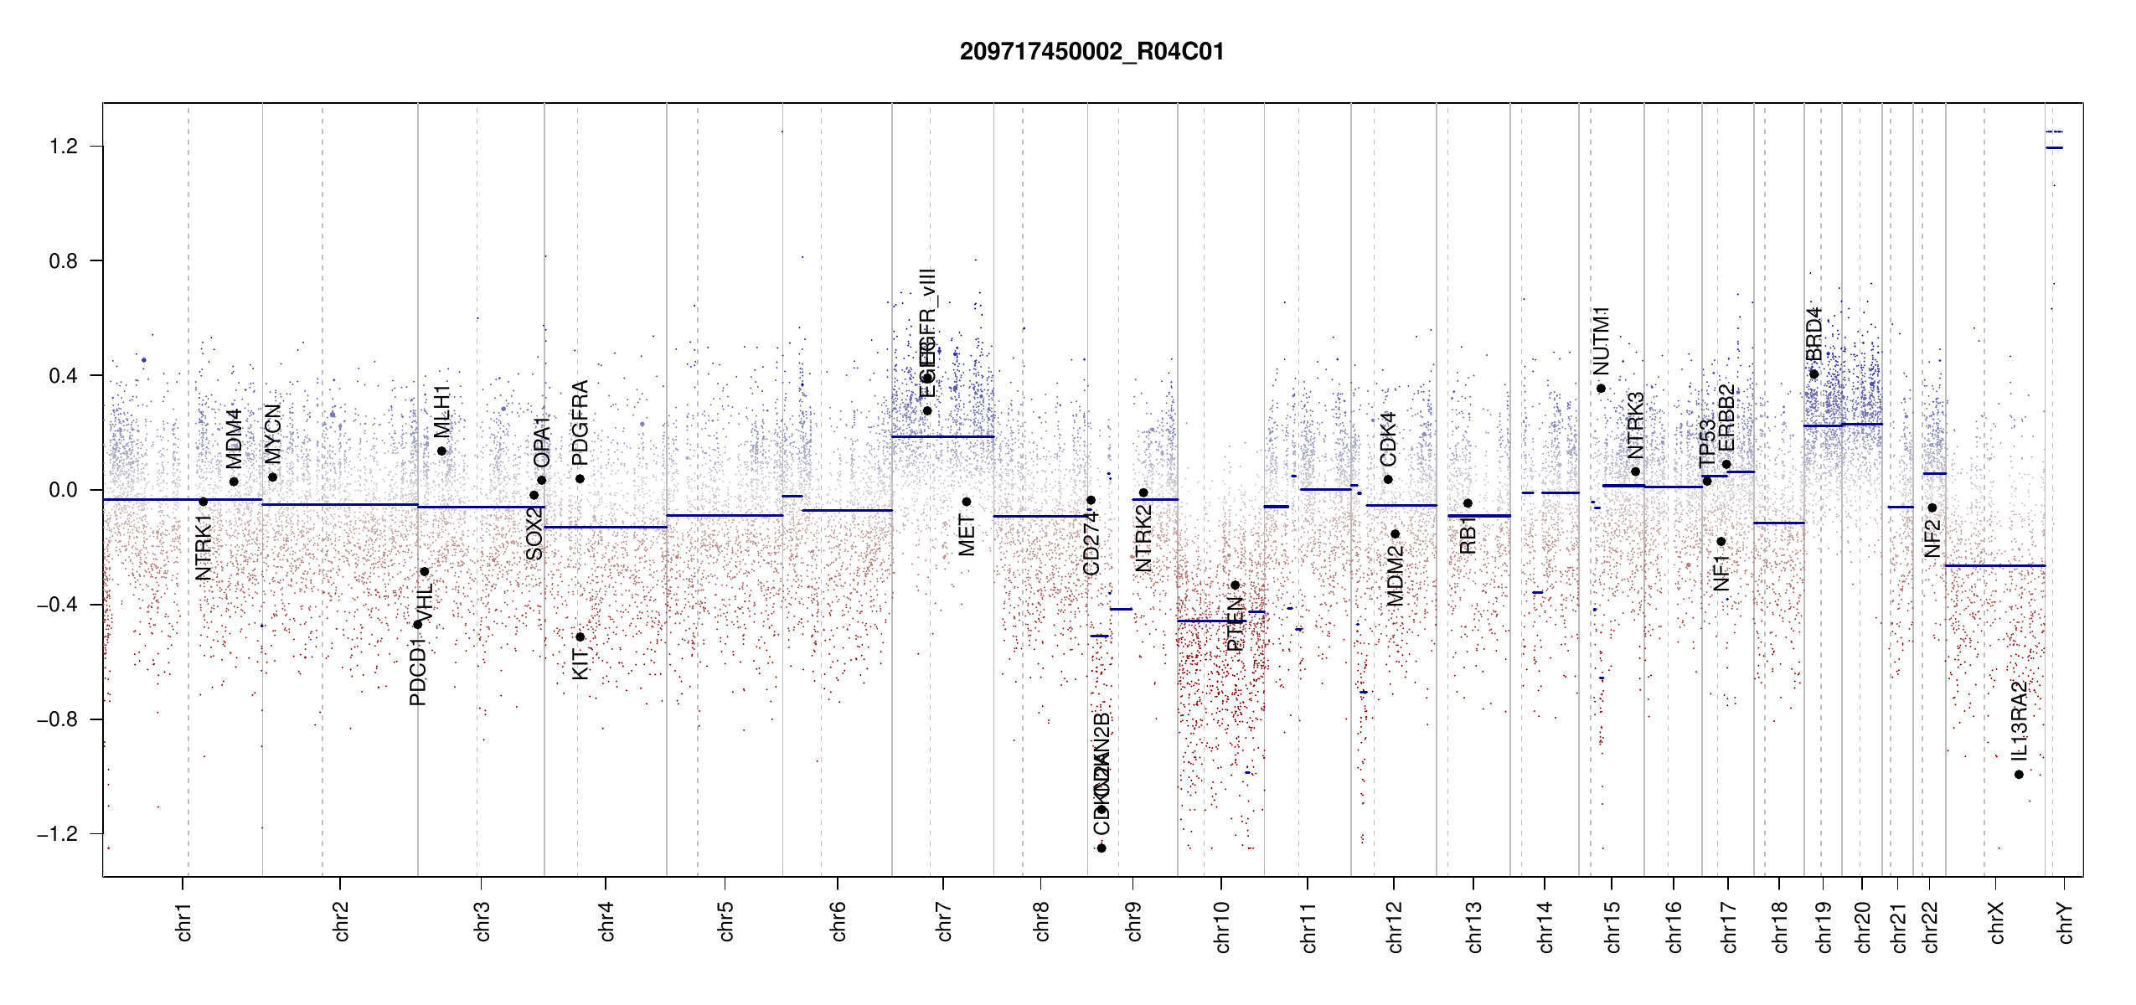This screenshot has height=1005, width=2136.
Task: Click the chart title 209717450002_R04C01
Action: pos(1091,52)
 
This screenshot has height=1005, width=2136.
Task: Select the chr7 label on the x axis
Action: pos(944,921)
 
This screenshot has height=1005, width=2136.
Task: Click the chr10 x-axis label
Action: pos(1221,927)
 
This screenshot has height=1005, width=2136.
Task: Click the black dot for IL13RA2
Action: pos(2019,775)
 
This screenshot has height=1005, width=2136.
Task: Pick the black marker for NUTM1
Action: pos(1601,389)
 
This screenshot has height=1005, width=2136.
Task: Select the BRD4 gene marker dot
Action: pos(1814,374)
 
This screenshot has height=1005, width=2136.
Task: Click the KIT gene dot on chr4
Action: pos(580,637)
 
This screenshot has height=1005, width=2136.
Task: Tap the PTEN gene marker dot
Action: pos(1235,585)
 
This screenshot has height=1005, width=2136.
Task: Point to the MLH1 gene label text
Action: pos(441,411)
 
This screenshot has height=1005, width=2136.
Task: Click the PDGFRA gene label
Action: pos(580,423)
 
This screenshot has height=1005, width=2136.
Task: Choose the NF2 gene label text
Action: pos(1932,539)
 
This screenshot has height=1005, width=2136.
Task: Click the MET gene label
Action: pos(967,536)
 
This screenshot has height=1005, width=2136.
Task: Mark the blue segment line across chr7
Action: pos(942,436)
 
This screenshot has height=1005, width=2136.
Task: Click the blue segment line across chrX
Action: pos(1994,566)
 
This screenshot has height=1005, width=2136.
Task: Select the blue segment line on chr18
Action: pos(1778,523)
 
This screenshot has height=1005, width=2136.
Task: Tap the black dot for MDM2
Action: pos(1395,534)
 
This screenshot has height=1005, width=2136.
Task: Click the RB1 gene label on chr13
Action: pos(1468,535)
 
